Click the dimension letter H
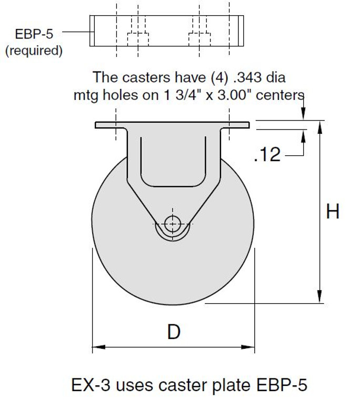[333, 212]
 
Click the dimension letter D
[174, 332]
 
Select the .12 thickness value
[267, 155]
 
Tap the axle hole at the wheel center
[173, 224]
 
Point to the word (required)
[34, 51]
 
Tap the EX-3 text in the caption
[89, 385]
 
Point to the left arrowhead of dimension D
[96, 347]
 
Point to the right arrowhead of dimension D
[251, 347]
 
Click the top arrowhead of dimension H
[320, 124]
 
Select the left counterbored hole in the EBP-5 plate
[138, 38]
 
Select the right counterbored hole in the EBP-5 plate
[199, 38]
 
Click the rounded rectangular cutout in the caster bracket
[173, 161]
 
